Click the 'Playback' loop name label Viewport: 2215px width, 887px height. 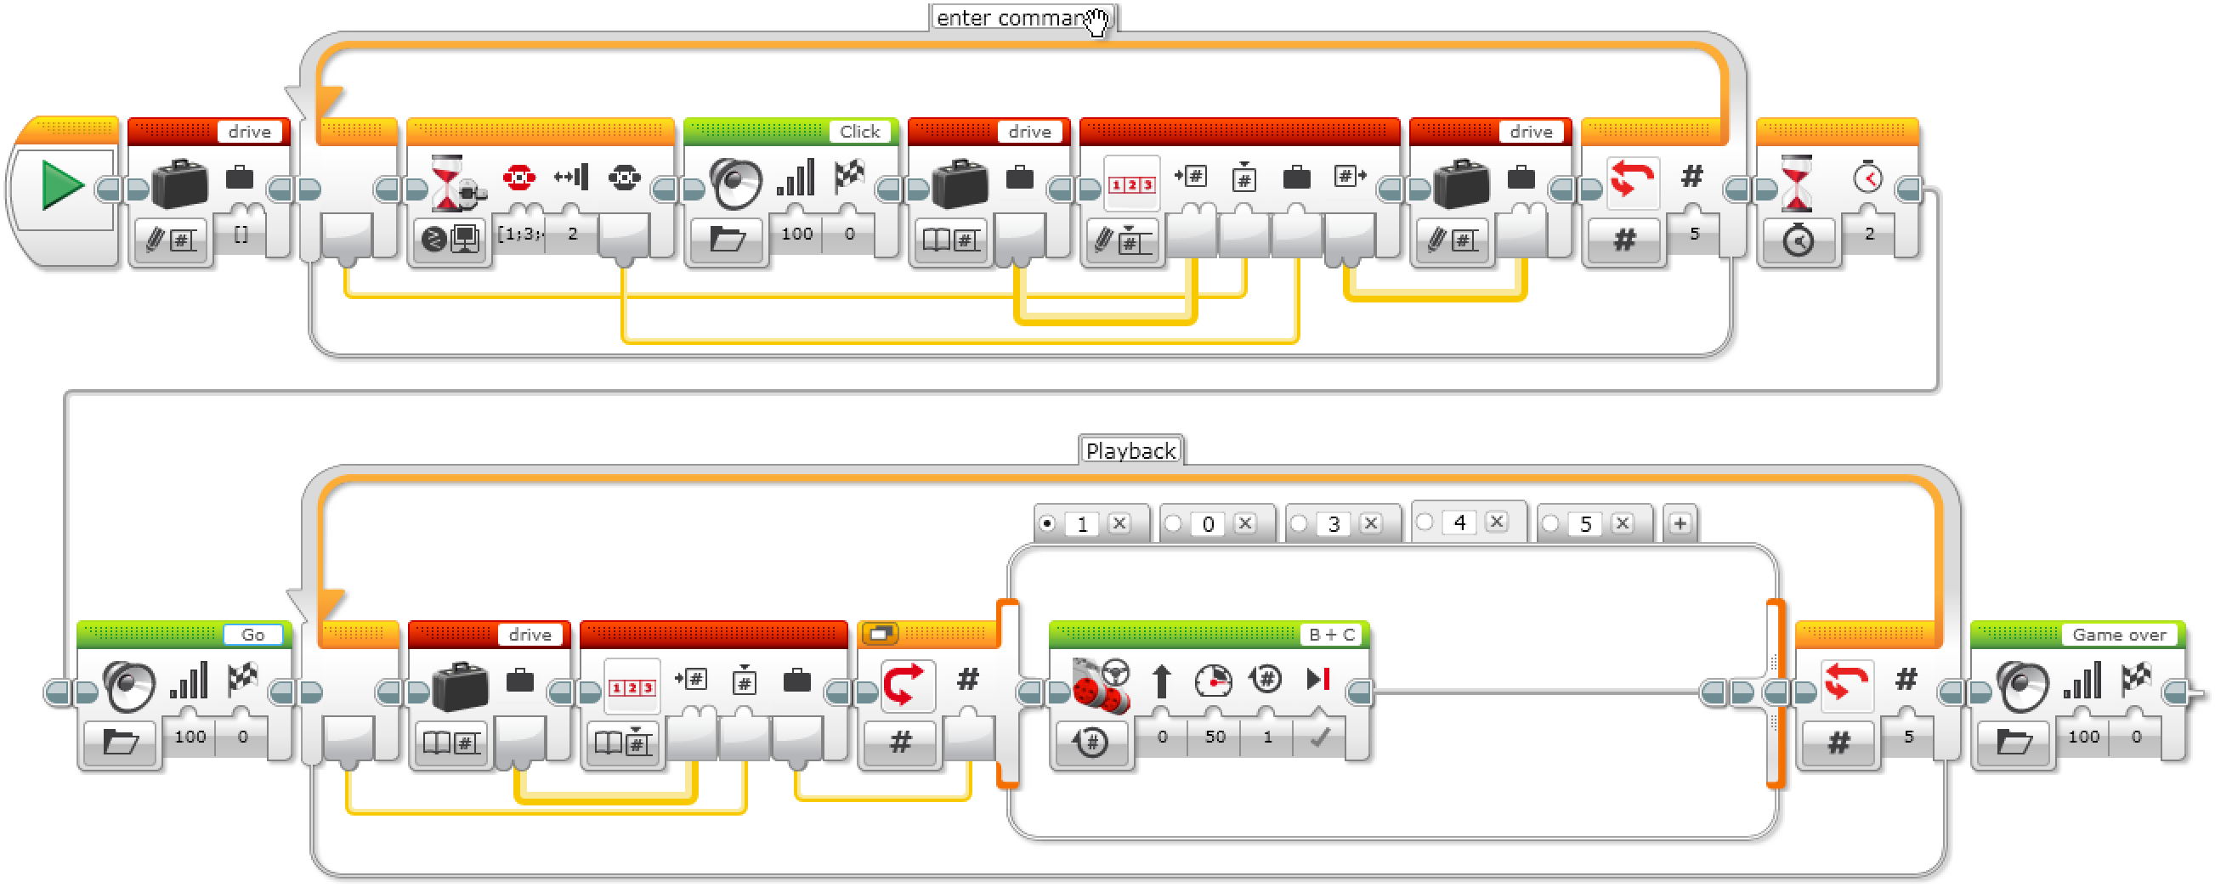pos(1130,451)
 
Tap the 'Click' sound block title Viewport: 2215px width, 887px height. pos(860,132)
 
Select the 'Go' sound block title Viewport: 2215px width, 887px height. pos(252,635)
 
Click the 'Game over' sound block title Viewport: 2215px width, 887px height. pos(2119,635)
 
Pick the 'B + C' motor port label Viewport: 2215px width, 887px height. pos(1331,635)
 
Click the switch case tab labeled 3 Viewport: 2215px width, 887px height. pos(1334,523)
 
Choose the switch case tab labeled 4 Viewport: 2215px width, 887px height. pos(1459,522)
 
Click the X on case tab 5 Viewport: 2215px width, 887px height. pos(1623,523)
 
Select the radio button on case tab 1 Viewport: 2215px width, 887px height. pos(1047,523)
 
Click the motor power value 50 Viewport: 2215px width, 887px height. pos(1215,737)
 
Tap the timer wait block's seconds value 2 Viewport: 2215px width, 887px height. pos(1869,234)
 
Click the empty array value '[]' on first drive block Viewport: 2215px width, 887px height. pos(241,234)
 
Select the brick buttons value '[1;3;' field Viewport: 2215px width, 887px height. pos(520,234)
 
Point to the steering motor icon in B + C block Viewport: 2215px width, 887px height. pos(1101,686)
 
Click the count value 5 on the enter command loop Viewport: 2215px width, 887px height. pos(1694,234)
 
